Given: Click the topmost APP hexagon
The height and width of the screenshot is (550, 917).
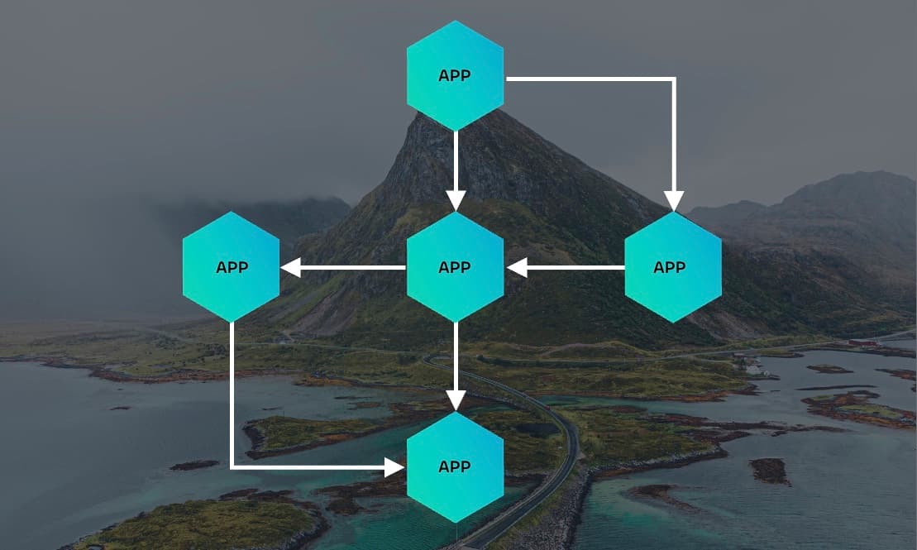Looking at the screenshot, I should [x=455, y=76].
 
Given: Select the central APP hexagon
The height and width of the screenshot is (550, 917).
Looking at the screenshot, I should [x=455, y=267].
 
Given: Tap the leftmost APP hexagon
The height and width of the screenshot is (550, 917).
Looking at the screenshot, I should [x=232, y=267].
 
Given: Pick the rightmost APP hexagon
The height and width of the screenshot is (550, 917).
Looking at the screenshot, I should [x=672, y=267].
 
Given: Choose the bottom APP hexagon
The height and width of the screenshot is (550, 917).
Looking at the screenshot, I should [x=455, y=467].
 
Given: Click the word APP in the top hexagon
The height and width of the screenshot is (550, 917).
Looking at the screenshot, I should [x=455, y=76].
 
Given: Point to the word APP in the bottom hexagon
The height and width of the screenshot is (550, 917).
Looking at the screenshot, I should [x=455, y=467].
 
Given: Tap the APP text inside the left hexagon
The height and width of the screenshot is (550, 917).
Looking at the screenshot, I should [x=232, y=268].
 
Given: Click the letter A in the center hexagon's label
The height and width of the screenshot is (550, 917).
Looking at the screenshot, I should [x=444, y=268].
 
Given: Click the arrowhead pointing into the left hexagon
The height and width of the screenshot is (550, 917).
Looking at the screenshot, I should [x=290, y=267].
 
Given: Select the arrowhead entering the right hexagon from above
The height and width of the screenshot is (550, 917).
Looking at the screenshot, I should [x=674, y=201].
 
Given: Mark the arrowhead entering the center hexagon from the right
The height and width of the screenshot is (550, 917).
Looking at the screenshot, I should [x=517, y=267].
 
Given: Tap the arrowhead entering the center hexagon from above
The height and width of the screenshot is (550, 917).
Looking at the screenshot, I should [x=455, y=201].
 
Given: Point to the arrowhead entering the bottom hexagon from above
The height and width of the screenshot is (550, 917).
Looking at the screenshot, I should [x=455, y=400].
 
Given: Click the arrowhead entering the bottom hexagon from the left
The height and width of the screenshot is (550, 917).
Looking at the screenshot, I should [x=395, y=467].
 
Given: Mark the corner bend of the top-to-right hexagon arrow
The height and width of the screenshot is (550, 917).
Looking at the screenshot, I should [x=674, y=79].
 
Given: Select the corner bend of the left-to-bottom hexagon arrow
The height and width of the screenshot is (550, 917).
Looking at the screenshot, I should [x=232, y=467].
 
